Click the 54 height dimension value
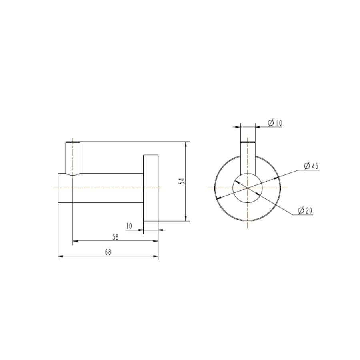tap(182, 181)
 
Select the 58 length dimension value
tap(115, 237)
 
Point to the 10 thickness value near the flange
tap(129, 226)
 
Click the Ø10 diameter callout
tap(275, 123)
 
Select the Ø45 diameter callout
tap(311, 166)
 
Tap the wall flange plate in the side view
tap(151, 188)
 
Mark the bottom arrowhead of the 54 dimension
tap(186, 218)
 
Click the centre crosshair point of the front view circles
tap(248, 188)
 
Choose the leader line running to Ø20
tap(280, 204)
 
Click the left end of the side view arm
tap(59, 188)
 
